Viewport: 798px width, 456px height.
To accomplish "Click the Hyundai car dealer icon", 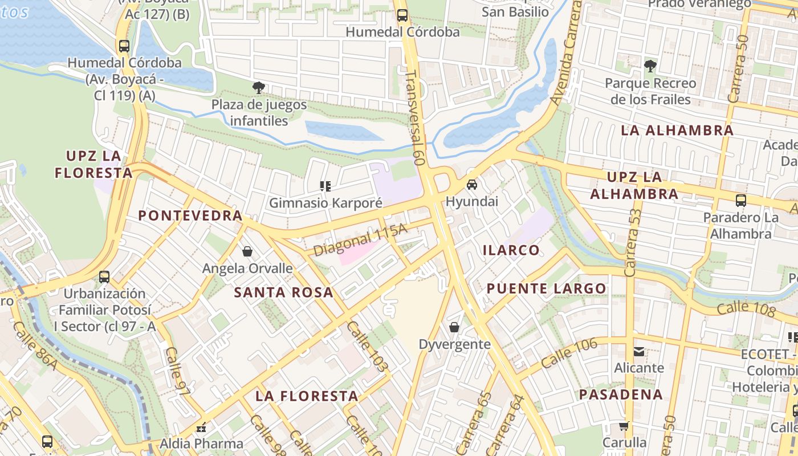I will point(471,185).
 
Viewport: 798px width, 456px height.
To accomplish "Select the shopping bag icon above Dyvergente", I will point(454,327).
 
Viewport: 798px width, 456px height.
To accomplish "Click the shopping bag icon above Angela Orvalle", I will point(247,251).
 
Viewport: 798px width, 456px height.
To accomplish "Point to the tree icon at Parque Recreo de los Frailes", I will point(650,66).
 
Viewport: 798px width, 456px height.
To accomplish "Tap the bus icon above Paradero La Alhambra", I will point(740,201).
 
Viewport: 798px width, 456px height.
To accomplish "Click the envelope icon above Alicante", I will point(638,351).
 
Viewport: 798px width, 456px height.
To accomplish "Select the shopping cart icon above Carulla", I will point(624,426).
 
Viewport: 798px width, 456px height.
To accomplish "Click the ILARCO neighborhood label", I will point(511,250).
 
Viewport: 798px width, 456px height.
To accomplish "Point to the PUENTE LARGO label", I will point(546,288).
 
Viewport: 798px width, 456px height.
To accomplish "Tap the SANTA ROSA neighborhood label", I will point(284,292).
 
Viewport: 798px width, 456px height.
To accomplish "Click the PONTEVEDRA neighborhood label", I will point(190,216).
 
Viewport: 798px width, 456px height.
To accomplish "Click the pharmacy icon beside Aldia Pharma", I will point(201,427).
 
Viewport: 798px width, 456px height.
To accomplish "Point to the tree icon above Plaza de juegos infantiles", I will point(259,88).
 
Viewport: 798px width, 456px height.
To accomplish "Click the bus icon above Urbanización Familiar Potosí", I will point(104,277).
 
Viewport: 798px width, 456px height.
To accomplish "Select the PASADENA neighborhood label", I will point(621,394).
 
